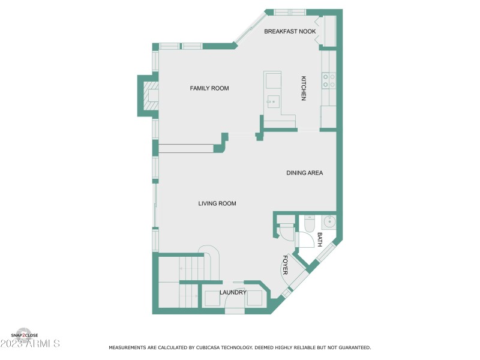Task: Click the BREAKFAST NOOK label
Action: click(x=290, y=31)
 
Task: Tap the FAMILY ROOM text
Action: click(x=209, y=88)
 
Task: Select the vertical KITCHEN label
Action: click(x=304, y=88)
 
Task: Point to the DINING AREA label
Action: click(x=304, y=173)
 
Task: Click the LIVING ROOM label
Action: click(x=217, y=203)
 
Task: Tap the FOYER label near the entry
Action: click(x=285, y=265)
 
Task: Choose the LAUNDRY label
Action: click(x=232, y=292)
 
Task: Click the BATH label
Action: click(x=319, y=240)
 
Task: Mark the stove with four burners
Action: click(x=328, y=80)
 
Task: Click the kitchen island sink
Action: click(x=273, y=101)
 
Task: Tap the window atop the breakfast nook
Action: click(x=290, y=11)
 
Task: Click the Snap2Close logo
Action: click(x=23, y=334)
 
